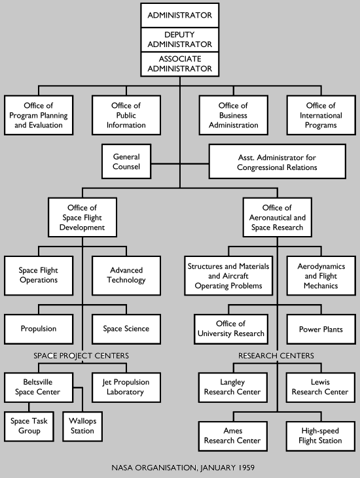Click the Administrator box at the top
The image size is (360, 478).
(179, 15)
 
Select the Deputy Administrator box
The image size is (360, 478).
(179, 39)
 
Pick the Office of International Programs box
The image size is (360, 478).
(321, 115)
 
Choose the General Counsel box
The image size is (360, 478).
(127, 162)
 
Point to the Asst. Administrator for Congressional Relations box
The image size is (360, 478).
(277, 162)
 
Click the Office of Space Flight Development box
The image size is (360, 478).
(82, 218)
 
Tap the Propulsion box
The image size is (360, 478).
(38, 329)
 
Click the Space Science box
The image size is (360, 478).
(126, 329)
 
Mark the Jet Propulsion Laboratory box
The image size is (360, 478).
(126, 387)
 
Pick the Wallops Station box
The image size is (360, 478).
(82, 426)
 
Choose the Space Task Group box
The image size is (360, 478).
(29, 426)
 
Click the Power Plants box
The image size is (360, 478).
(321, 329)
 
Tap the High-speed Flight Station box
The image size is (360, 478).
(321, 435)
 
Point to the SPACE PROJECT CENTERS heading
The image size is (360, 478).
(81, 356)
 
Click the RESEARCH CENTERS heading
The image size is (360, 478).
(276, 356)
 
